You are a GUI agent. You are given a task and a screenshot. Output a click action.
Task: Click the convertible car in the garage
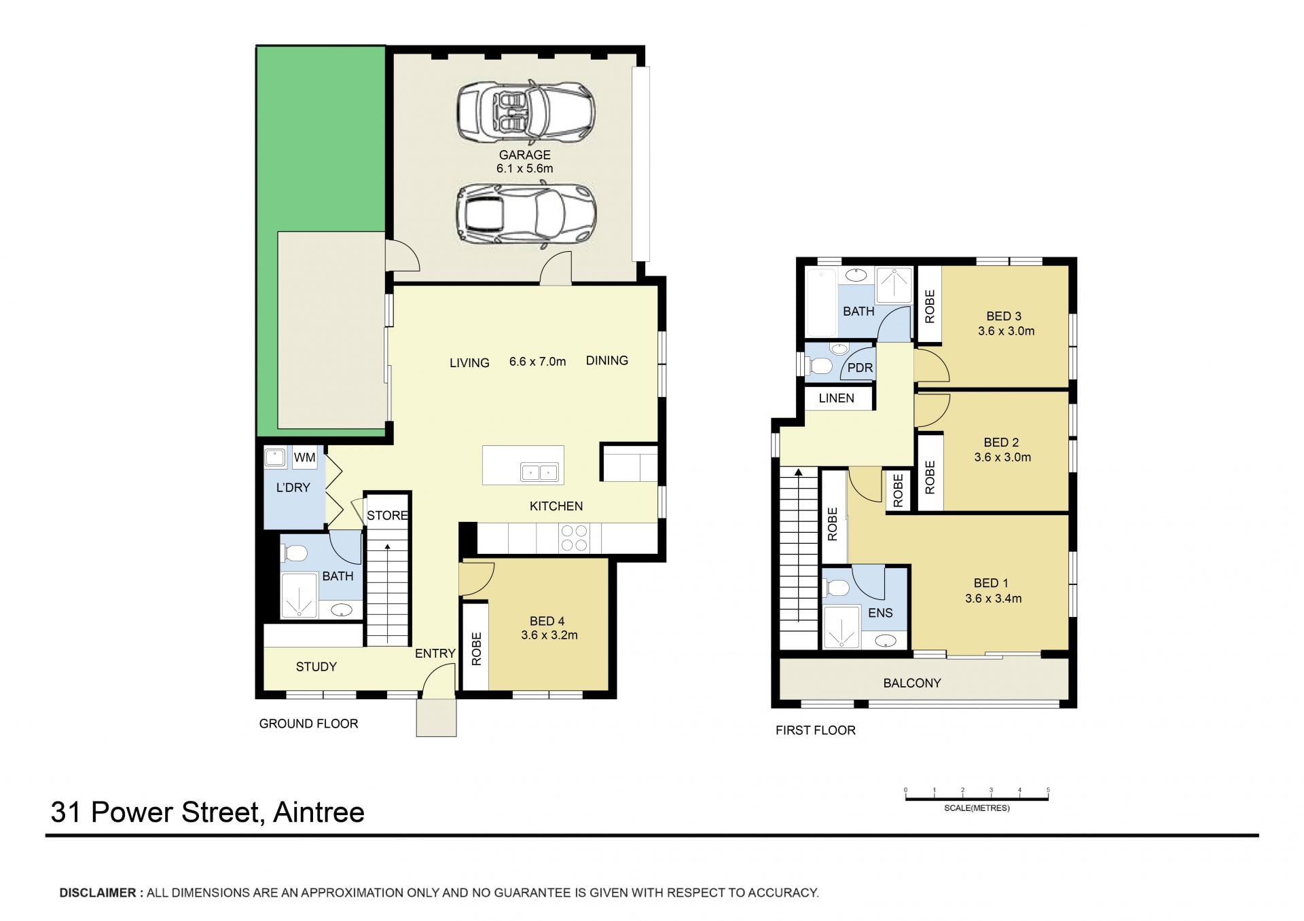tap(526, 110)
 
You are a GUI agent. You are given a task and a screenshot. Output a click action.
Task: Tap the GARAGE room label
tap(524, 155)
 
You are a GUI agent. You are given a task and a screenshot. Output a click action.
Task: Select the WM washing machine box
tap(304, 457)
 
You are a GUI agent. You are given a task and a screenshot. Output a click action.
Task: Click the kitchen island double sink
tap(539, 472)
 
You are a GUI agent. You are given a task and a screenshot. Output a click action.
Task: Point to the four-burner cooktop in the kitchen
tap(574, 538)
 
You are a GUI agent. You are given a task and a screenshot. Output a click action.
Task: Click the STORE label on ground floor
tap(388, 515)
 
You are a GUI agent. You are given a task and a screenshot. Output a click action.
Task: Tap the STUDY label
tap(316, 666)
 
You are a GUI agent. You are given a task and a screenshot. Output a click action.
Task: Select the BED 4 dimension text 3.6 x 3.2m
tap(549, 635)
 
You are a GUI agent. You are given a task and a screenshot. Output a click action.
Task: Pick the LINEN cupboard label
tap(836, 398)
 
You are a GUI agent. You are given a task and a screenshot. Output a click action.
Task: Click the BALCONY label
tap(912, 683)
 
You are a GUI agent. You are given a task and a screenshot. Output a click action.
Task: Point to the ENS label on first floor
tap(880, 613)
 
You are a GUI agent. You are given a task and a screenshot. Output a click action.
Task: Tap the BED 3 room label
tap(1004, 316)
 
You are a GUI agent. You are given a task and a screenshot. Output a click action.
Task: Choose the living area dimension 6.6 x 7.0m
tap(537, 362)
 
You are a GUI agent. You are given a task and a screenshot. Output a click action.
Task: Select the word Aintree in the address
tap(319, 812)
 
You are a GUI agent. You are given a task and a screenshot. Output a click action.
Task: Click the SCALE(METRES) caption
tap(977, 808)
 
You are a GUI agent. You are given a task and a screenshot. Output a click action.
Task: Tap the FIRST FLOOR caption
tap(816, 730)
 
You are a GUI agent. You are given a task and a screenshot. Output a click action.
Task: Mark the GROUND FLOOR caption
tap(308, 723)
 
